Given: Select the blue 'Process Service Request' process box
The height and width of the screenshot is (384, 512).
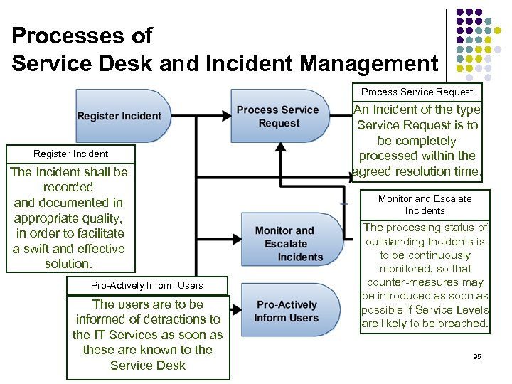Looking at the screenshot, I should (279, 117).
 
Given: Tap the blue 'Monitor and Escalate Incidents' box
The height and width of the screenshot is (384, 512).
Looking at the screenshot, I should (289, 243).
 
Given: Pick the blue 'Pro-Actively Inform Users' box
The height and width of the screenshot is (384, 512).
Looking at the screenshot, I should (286, 311).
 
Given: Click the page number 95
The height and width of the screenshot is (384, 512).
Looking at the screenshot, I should (477, 356).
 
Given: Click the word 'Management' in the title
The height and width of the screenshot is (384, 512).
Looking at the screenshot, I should (369, 64).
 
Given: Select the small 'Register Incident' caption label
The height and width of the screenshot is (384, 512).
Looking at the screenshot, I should (70, 154).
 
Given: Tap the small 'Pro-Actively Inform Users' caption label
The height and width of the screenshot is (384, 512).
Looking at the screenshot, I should (147, 285).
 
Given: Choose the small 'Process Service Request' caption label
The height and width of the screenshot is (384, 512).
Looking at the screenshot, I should (417, 92).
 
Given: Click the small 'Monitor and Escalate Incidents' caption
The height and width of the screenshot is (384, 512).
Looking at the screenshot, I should (425, 205).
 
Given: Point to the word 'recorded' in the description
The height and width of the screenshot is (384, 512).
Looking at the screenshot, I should (68, 187).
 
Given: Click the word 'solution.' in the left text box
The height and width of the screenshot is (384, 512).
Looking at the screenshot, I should (68, 264).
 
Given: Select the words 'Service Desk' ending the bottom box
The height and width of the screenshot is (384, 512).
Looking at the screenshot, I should (148, 366).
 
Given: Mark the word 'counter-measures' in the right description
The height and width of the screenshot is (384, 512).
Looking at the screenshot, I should (425, 282).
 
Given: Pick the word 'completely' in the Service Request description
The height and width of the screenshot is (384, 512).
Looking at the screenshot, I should (417, 140).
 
